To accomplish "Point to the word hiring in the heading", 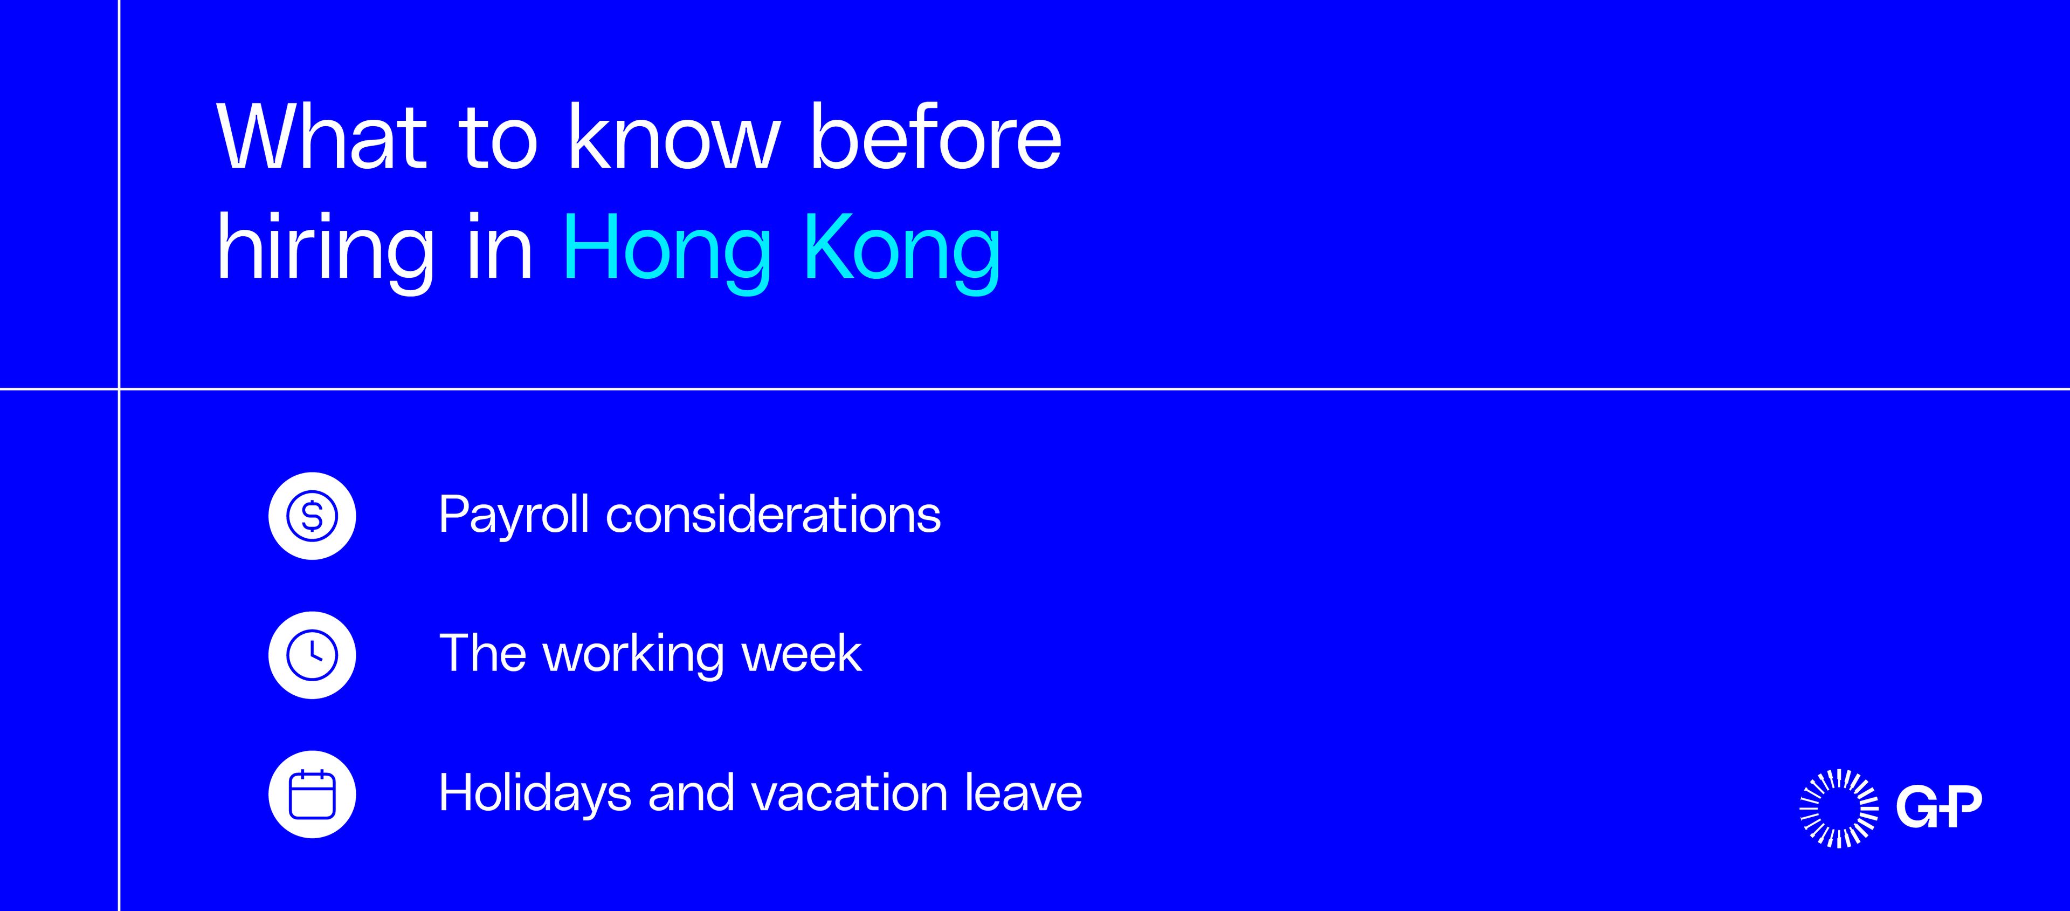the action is (x=326, y=249).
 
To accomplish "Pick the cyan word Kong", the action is (x=902, y=249).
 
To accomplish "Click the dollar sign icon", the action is (x=312, y=516).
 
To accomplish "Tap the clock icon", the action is (x=312, y=654).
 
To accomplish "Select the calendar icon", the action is (x=312, y=794).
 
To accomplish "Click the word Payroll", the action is (x=514, y=516).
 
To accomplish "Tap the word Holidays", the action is (x=535, y=794).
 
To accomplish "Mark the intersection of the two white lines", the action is (x=119, y=389).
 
